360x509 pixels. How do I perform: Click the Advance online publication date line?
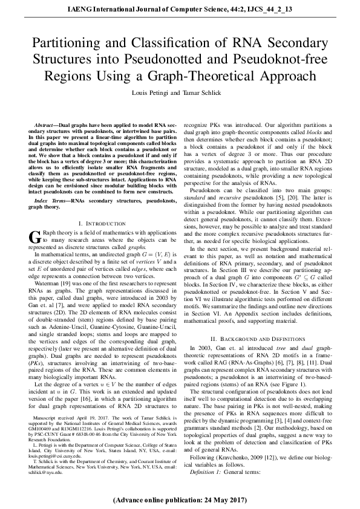click(x=180, y=500)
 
